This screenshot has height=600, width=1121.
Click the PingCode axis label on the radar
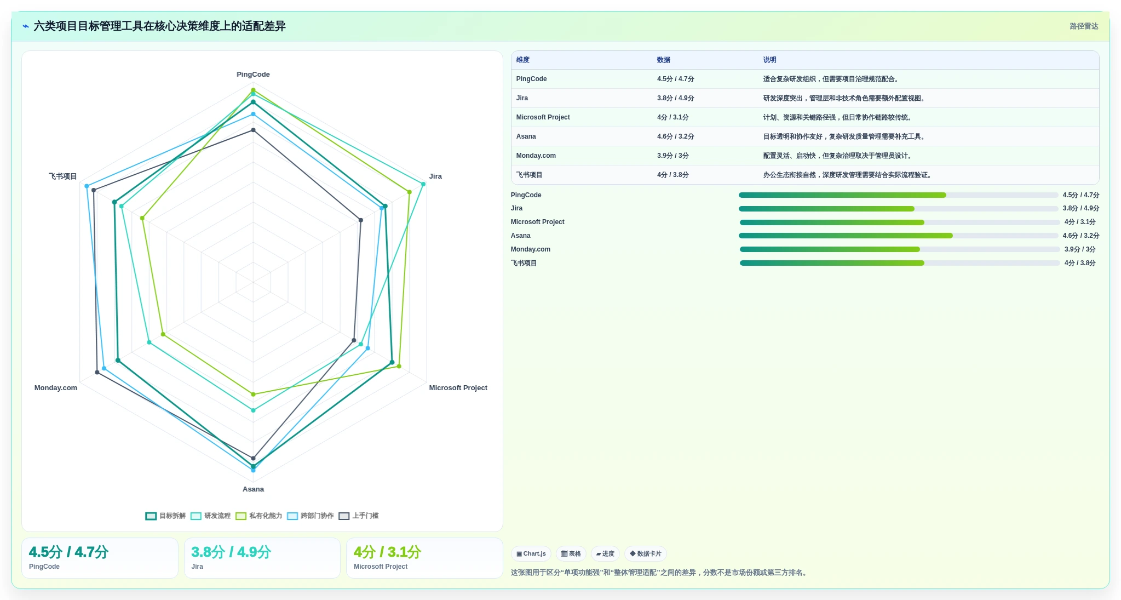coord(253,75)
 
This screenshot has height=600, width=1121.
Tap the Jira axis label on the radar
coord(435,176)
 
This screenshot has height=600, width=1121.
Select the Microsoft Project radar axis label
coord(458,388)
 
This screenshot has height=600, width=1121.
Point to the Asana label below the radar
coord(253,489)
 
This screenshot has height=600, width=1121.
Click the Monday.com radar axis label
coord(56,388)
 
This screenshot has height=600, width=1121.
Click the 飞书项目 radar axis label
coord(62,176)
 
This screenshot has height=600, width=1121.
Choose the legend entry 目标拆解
coord(165,516)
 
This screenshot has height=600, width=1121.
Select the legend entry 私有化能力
coord(258,516)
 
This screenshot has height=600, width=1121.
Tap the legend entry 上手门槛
coord(359,516)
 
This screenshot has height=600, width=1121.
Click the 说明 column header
coord(769,60)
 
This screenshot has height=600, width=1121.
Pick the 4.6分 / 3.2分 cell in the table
coord(675,136)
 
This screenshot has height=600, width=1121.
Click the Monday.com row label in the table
coord(536,156)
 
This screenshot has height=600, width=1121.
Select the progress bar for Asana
coord(898,236)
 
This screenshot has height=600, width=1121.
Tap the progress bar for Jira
coord(898,209)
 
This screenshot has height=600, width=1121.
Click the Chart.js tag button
coord(531,554)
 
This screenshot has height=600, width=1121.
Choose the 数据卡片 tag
coord(645,554)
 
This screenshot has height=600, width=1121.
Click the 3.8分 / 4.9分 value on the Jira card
coord(231,552)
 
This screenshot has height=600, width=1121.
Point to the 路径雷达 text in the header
coord(1084,26)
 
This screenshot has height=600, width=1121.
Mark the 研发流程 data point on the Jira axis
coord(423,184)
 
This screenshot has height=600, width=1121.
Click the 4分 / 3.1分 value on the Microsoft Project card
coord(387,552)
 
